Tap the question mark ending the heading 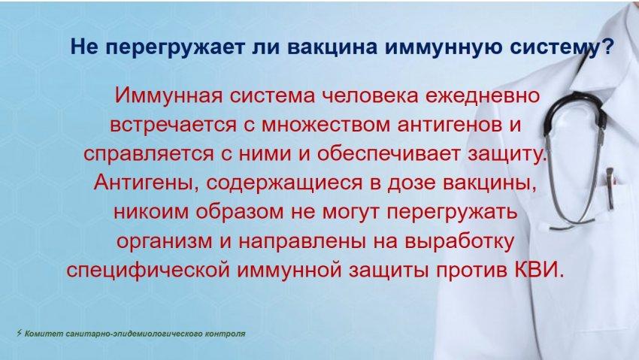(x=607, y=46)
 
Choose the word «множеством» (x=326, y=125)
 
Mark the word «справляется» (x=149, y=154)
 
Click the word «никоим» (x=151, y=212)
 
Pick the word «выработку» (x=459, y=241)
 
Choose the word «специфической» (x=147, y=271)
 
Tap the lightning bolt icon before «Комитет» (x=19, y=333)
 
